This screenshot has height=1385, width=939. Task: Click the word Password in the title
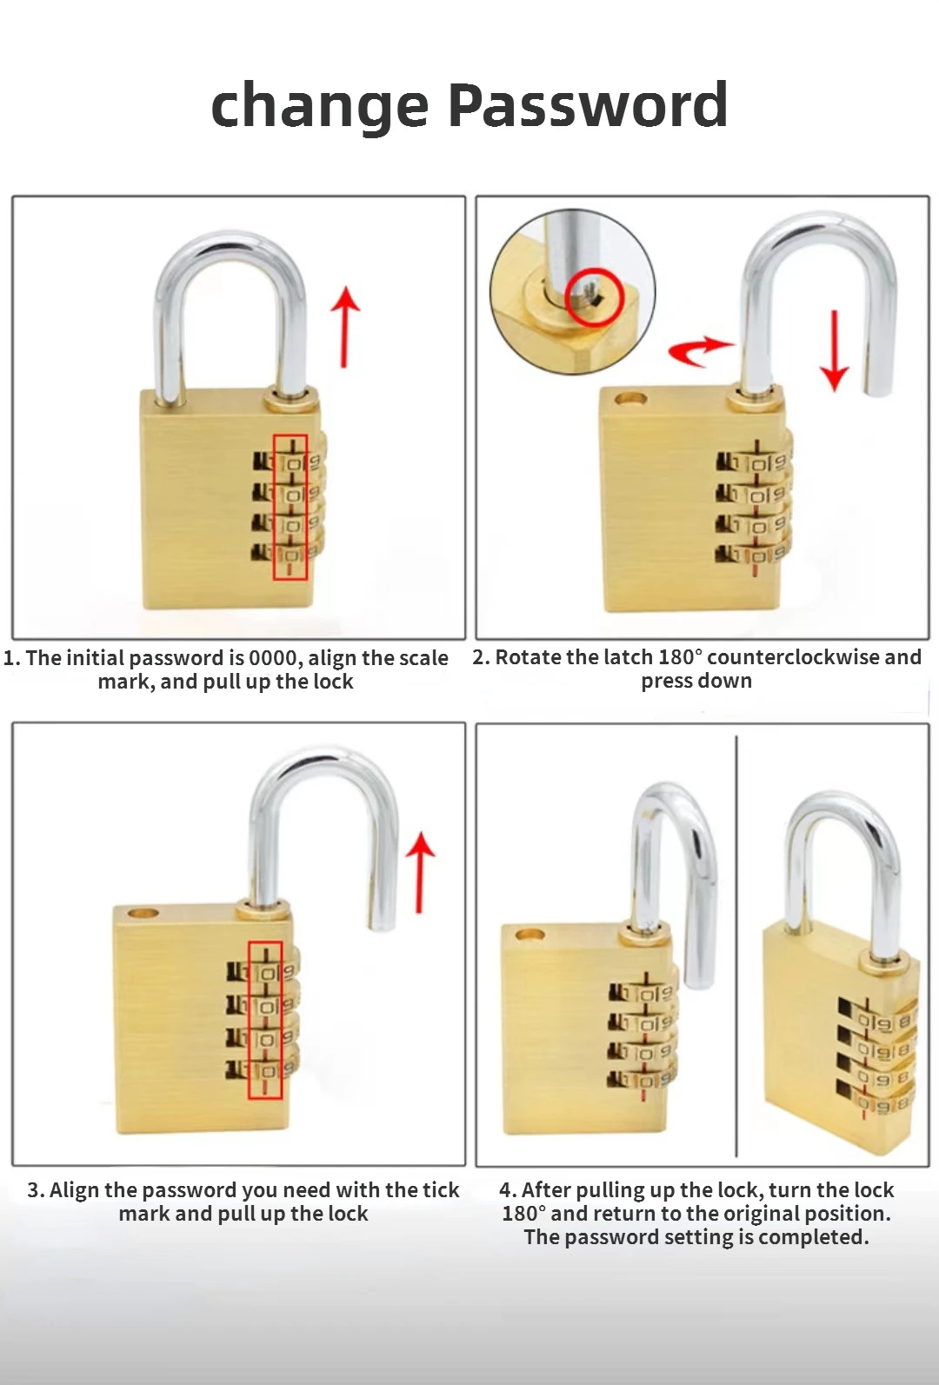[x=588, y=105]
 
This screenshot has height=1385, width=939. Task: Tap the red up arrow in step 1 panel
[x=345, y=327]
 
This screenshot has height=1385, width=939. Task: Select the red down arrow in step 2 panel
[x=835, y=350]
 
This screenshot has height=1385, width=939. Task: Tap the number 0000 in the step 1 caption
[x=274, y=658]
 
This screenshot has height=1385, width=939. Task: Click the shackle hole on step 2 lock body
[x=630, y=400]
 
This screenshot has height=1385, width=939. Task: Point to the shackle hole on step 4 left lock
[x=530, y=936]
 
